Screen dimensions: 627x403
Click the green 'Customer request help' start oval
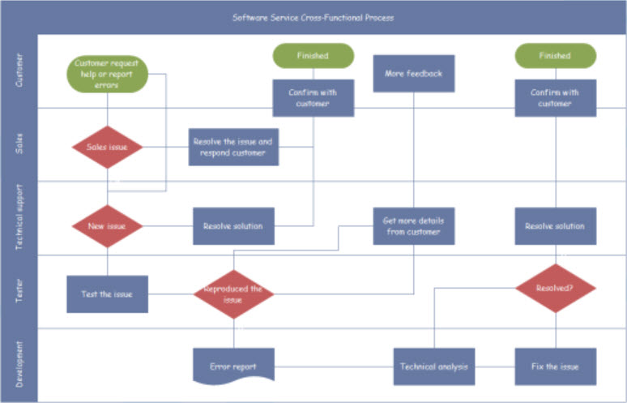coord(107,74)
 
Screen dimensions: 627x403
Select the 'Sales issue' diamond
coord(107,147)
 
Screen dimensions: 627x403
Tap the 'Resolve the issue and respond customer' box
coord(233,147)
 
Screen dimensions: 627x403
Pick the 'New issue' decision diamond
coord(107,226)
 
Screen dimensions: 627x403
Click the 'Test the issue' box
coord(107,294)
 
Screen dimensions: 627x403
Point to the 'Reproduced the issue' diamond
coord(233,294)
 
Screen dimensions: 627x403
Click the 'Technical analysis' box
coord(434,367)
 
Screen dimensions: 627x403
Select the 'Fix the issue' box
coord(556,367)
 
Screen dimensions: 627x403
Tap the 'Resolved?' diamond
coord(556,288)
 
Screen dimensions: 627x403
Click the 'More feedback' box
coord(414,74)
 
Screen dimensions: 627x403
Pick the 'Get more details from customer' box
coord(414,226)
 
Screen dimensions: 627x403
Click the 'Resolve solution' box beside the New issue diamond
coord(233,226)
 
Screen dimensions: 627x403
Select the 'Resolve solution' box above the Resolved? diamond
coord(556,226)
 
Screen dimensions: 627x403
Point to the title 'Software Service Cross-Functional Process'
coord(313,18)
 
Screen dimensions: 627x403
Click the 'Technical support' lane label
coord(19,217)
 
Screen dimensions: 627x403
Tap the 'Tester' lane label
coord(19,291)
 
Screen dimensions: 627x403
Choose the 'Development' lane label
coord(19,365)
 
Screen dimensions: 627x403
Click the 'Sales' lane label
coord(19,144)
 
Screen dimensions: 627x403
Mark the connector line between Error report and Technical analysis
coord(335,367)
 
